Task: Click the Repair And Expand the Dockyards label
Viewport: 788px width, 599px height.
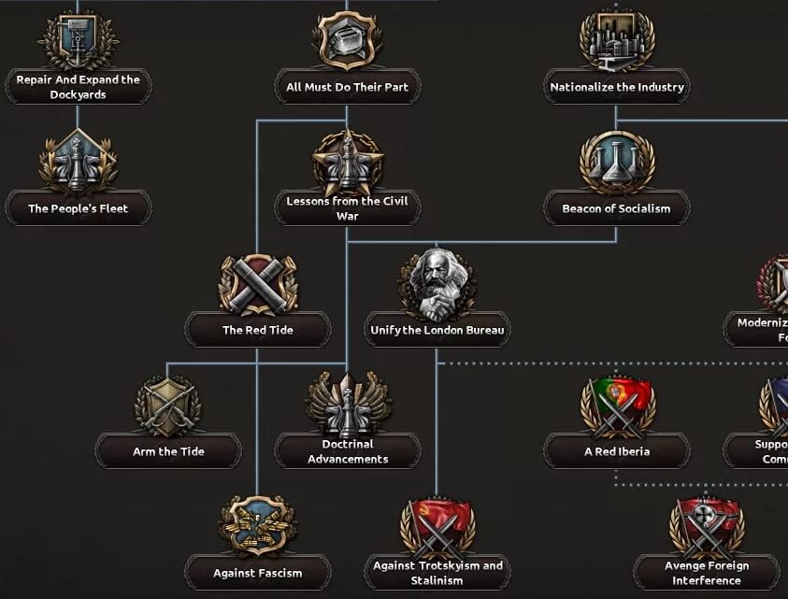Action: (79, 87)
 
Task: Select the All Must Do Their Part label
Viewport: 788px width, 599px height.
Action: (347, 87)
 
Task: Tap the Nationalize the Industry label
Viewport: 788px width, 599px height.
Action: (617, 87)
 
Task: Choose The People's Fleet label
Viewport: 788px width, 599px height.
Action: (78, 208)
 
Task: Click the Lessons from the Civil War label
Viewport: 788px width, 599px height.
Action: (347, 208)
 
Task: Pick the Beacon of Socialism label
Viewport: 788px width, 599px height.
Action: (616, 208)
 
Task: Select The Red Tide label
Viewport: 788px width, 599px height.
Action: (258, 330)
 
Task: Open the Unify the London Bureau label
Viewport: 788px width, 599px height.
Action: (437, 330)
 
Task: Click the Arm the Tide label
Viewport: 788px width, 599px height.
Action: (168, 451)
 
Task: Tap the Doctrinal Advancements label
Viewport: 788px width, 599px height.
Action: (348, 451)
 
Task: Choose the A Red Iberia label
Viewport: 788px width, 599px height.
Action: (617, 451)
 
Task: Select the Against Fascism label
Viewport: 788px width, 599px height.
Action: (258, 572)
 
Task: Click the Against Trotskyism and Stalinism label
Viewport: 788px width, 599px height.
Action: (437, 572)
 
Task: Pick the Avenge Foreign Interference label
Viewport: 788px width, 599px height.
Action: (707, 572)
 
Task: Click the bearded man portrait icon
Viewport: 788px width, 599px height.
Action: (437, 283)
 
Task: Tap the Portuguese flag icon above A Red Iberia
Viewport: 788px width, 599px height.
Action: (617, 405)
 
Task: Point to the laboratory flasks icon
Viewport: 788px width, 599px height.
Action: (616, 162)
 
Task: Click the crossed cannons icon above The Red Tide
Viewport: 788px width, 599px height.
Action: (258, 283)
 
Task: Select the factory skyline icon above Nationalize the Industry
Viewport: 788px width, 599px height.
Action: (617, 40)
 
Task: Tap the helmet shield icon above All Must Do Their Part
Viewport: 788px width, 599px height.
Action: (347, 40)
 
